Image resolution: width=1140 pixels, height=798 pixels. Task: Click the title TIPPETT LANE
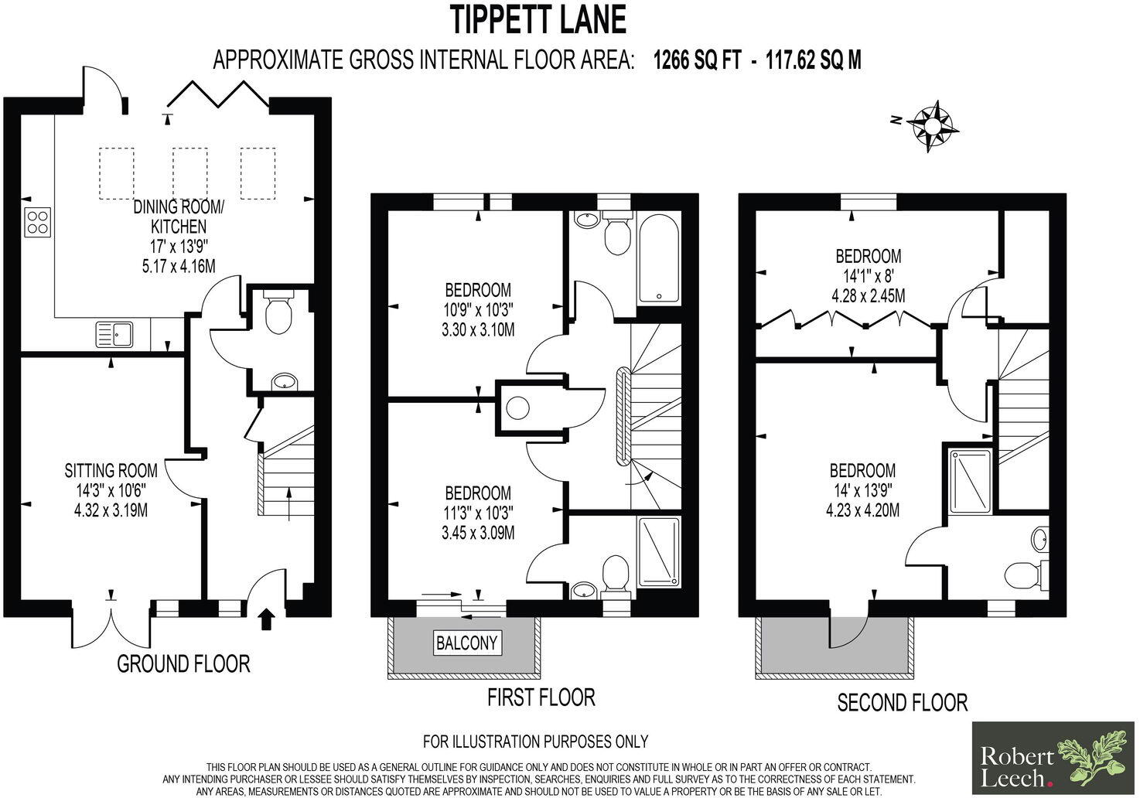pos(538,20)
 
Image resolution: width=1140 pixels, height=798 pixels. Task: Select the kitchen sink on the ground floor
pos(114,334)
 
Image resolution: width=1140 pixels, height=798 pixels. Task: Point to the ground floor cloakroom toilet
pos(277,312)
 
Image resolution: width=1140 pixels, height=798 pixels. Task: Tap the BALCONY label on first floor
pos(466,643)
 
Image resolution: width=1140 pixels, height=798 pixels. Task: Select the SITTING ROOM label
pos(111,470)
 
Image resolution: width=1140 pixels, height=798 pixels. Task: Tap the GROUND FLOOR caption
pos(183,663)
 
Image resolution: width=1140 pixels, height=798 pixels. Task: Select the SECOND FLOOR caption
pos(902,702)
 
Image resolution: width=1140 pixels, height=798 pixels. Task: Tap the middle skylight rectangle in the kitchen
pos(189,172)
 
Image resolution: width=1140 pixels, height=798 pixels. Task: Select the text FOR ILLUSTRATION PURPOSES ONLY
pos(535,742)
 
